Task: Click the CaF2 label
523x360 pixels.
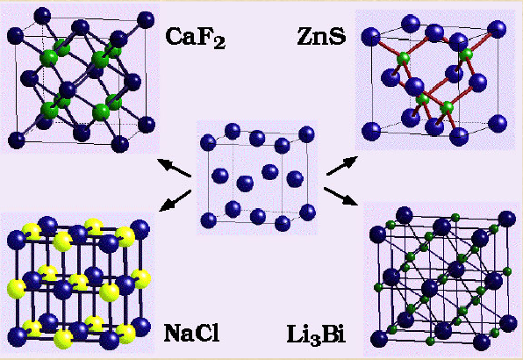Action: click(196, 38)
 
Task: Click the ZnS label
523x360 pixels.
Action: click(321, 36)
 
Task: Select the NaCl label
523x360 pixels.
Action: click(192, 333)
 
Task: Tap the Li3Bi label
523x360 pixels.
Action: click(316, 335)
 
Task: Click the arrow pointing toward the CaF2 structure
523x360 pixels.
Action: click(174, 168)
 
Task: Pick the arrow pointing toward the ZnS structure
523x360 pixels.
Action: click(342, 165)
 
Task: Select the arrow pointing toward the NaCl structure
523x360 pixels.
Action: click(176, 200)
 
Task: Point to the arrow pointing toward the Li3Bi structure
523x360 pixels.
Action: click(340, 196)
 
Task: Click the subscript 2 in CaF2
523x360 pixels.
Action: click(219, 43)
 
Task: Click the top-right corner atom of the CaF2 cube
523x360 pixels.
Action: click(146, 19)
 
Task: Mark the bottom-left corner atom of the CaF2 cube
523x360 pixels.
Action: click(17, 140)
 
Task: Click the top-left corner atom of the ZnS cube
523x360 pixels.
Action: click(370, 37)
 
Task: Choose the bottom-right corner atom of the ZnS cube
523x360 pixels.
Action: click(498, 123)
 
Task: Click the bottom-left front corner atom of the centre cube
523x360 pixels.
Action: click(209, 220)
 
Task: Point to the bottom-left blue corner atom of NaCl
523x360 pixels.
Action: click(17, 336)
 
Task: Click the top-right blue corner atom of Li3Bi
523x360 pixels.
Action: click(506, 220)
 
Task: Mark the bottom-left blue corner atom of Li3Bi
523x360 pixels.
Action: click(379, 339)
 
